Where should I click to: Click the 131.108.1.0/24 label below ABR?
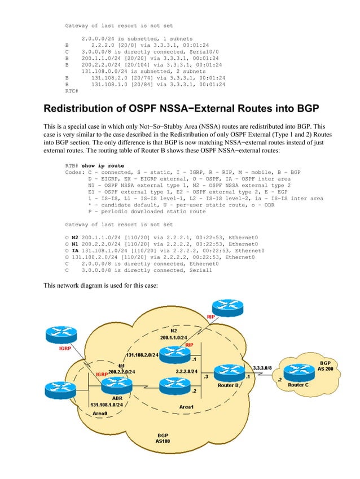pos(108,404)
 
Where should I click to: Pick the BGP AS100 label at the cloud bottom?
pos(163,438)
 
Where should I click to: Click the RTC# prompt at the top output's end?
pos(72,90)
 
